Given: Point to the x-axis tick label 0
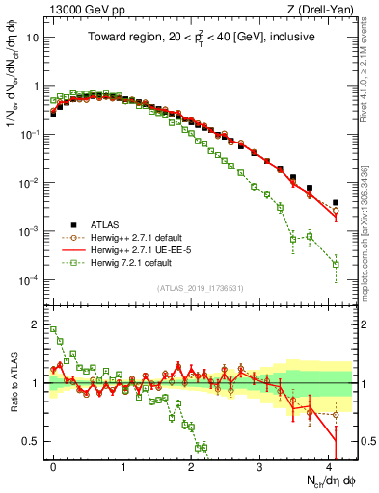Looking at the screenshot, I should click(53, 465).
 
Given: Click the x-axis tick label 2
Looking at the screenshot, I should click(191, 465).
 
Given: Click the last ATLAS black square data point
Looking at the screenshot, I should click(336, 203).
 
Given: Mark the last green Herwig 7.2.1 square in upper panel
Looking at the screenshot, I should click(336, 264).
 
